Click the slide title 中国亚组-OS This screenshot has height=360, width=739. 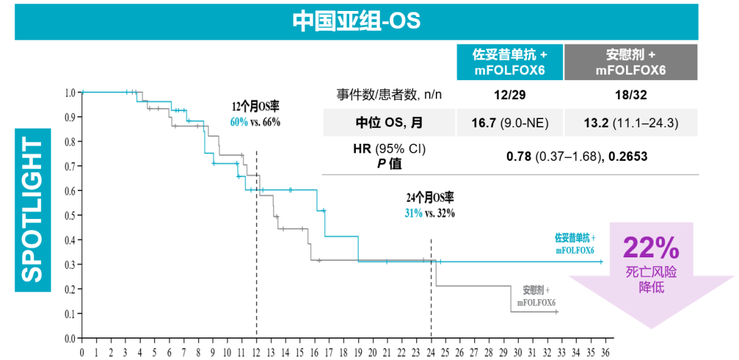pos(356,21)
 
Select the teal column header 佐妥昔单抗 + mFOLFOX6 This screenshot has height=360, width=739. pos(510,62)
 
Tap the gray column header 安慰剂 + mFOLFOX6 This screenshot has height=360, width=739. pos(630,62)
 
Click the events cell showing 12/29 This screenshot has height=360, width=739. pos(510,94)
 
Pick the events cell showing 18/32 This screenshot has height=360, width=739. pos(630,94)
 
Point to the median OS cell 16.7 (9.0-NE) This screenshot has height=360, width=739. pos(510,123)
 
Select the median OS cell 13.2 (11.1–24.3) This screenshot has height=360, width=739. pos(630,123)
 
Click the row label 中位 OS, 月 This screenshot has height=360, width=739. pos(389,123)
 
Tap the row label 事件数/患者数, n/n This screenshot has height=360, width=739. pos(389,94)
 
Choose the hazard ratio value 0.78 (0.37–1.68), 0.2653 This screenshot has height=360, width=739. pos(577,157)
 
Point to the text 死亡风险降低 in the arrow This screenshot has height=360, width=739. pos(651,280)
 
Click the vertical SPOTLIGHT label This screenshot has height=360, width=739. pos(32,209)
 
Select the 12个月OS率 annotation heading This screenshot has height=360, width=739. pos(256,107)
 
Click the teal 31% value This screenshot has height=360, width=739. pos(413,213)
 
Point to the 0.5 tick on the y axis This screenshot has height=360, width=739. pos(70,216)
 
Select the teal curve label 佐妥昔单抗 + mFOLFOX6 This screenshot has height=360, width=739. pos(575,244)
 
